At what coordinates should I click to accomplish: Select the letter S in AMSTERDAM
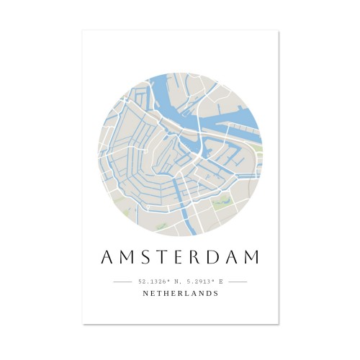143,258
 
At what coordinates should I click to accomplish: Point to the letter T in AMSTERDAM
159,258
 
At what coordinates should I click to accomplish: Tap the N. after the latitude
176,282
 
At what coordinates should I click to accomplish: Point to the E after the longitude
220,282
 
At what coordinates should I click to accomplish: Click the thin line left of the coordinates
122,282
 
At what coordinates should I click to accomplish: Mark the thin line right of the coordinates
238,282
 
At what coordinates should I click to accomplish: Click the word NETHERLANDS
180,294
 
